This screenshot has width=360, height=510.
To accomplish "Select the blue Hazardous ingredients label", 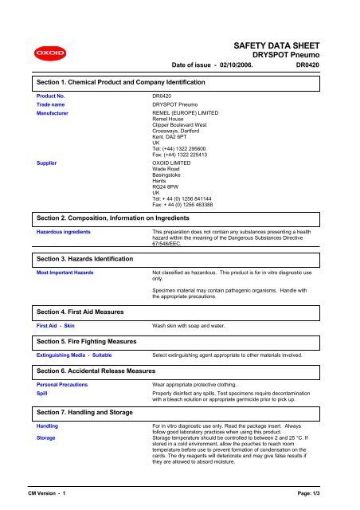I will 65,232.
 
